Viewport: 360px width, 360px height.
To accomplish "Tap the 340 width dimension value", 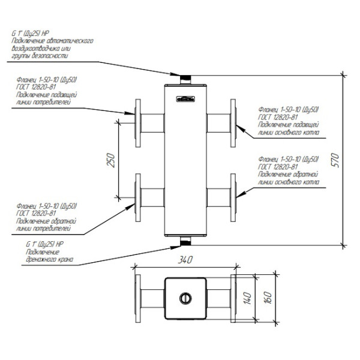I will tap(185, 260).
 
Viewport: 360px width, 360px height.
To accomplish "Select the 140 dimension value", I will tap(246, 298).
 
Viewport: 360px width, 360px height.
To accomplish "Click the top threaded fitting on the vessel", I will tap(185, 79).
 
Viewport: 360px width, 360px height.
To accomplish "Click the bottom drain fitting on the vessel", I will tap(185, 241).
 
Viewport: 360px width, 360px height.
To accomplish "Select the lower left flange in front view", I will tap(139, 196).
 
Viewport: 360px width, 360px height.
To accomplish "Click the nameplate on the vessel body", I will tap(185, 98).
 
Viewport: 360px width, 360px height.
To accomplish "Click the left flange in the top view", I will tap(139, 298).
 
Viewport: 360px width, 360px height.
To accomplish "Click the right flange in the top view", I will tap(232, 298).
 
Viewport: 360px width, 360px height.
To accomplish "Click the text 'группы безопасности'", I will tap(40, 55).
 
